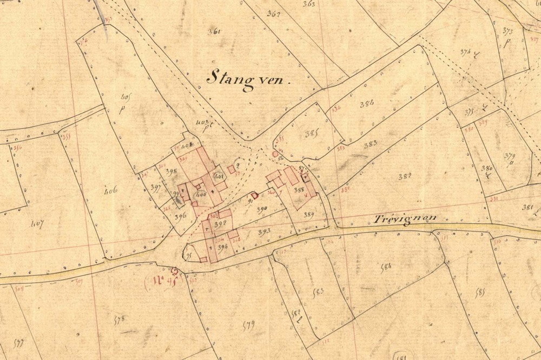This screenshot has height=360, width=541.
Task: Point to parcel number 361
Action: point(214,32)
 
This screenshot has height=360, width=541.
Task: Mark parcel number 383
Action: point(370,144)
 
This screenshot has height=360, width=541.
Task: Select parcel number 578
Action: point(120,319)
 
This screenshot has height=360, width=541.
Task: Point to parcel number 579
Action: point(248,324)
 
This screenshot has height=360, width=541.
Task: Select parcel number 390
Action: point(262,209)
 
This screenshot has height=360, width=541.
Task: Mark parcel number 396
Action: point(181,216)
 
